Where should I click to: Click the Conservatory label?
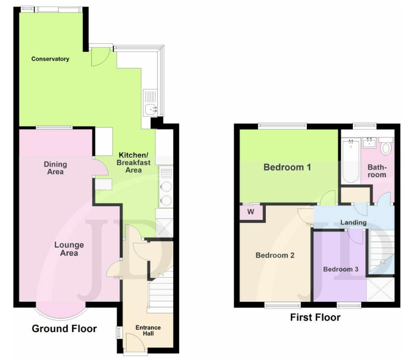[50, 59]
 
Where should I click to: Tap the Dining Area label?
[55, 168]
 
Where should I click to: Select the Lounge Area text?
[69, 249]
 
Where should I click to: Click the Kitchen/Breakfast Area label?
[134, 163]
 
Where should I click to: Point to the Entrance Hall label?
[148, 330]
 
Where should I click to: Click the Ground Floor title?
[64, 328]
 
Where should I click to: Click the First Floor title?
[315, 317]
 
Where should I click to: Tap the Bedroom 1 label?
[287, 167]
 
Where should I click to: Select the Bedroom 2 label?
[275, 255]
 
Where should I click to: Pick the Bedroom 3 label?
[341, 269]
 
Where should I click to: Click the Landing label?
[353, 222]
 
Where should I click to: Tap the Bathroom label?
[377, 171]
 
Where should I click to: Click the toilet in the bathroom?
[386, 146]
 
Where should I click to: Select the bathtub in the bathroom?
[351, 161]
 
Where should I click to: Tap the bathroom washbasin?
[370, 143]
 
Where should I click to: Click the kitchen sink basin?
[151, 109]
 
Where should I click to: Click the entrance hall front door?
[135, 343]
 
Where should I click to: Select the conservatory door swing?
[100, 57]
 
